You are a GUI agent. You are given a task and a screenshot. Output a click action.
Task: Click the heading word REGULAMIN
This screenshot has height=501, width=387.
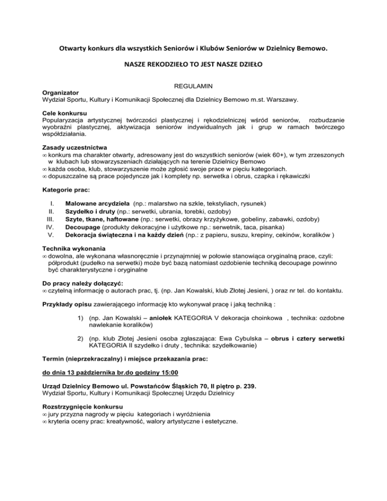pos(193,87)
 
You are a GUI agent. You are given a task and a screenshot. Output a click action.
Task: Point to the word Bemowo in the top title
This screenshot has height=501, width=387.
pos(309,49)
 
